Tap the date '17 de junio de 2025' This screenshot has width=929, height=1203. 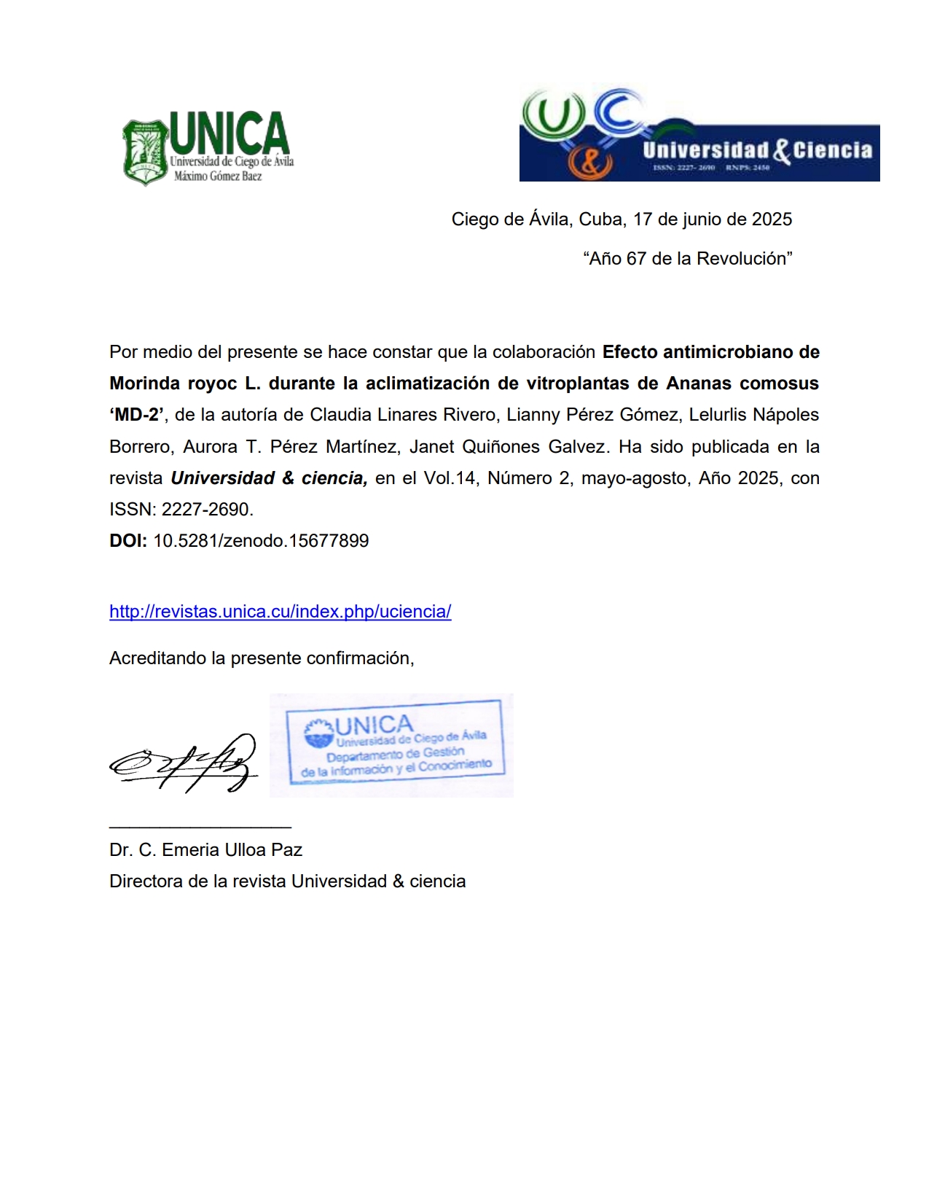(712, 219)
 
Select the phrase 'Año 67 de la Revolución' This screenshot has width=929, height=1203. (687, 259)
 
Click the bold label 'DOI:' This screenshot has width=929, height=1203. (128, 541)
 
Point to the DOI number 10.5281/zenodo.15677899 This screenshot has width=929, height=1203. (261, 541)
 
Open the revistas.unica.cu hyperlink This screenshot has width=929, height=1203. (280, 612)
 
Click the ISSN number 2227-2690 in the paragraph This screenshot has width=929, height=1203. (205, 510)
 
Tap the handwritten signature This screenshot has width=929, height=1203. (184, 763)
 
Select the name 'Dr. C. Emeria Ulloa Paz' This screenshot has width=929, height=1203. (205, 850)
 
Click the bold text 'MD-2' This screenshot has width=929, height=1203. (138, 415)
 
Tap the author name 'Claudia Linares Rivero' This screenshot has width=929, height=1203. (392, 415)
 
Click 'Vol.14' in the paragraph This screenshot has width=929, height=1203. (450, 478)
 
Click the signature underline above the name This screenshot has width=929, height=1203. (200, 827)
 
